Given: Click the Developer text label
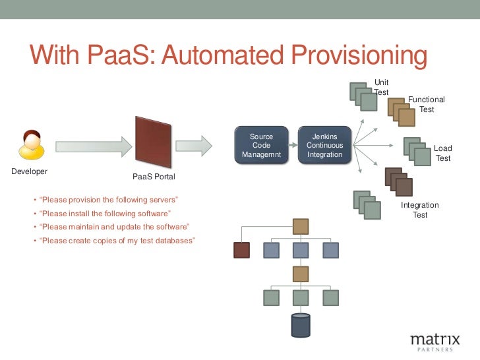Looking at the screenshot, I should tap(30, 171).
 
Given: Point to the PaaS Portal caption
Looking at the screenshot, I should tap(154, 177).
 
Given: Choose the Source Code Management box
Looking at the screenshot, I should tap(261, 146).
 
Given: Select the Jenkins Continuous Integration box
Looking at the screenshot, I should tap(324, 146).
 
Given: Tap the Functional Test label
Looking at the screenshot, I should tap(427, 104).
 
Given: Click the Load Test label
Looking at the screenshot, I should tap(442, 153).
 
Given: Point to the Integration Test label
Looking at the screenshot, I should tap(420, 210).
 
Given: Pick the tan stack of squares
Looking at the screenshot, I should tap(401, 111).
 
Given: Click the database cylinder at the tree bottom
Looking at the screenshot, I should tap(300, 324).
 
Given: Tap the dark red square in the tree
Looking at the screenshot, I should tap(242, 250).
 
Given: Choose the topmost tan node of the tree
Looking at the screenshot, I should tap(301, 227).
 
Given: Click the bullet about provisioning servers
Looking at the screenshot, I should tap(109, 200).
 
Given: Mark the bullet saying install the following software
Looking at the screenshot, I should tap(105, 214).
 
